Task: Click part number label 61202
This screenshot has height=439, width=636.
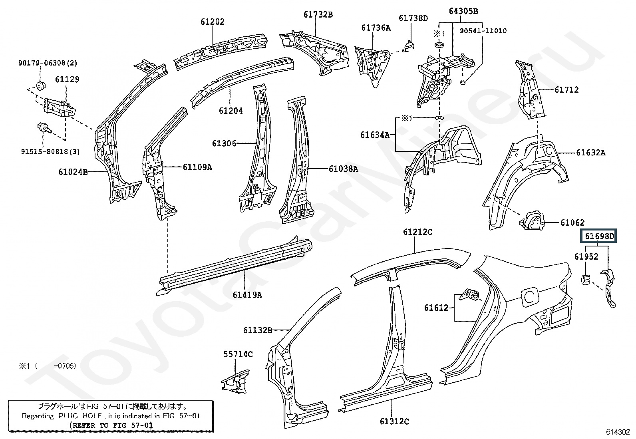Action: point(213,22)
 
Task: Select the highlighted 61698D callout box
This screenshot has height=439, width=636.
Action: point(599,236)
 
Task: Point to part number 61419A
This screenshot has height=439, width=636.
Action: point(247,295)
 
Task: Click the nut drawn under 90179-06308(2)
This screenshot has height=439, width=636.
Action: point(40,85)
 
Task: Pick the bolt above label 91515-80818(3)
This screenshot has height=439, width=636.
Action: point(44,128)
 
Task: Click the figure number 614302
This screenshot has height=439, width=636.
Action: point(618,432)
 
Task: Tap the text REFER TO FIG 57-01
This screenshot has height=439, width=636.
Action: point(111,425)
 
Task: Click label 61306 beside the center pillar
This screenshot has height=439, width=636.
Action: point(224,143)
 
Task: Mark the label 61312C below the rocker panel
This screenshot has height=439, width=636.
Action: point(394,421)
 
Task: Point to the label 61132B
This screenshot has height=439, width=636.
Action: point(257,330)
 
